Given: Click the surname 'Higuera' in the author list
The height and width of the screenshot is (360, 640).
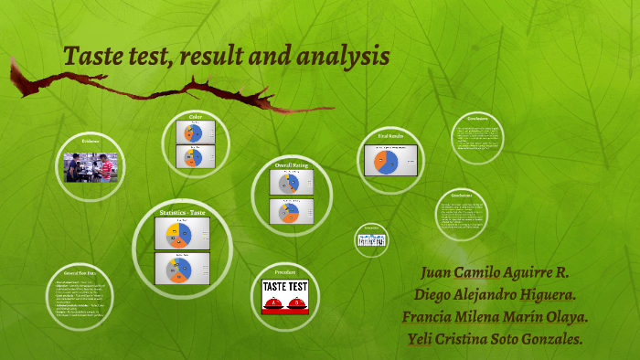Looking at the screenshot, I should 542,295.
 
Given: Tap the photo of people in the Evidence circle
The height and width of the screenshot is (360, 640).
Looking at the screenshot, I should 90,168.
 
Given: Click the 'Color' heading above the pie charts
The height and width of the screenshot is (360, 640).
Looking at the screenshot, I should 196,116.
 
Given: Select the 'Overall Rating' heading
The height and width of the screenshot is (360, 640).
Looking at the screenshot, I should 292,165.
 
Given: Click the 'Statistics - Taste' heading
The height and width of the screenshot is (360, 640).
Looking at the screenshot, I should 183,213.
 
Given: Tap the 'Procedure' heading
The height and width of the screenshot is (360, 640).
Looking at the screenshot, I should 285,272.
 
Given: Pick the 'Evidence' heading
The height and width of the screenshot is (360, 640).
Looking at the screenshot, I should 90,142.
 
